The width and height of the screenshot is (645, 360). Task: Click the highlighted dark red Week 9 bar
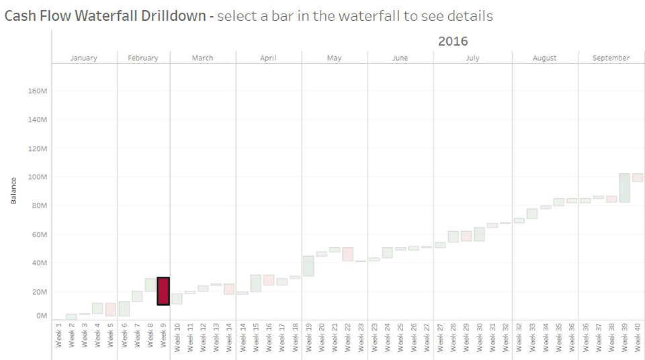click(x=163, y=291)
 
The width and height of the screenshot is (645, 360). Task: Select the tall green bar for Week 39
click(x=624, y=187)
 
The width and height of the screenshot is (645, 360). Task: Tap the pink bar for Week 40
click(x=638, y=177)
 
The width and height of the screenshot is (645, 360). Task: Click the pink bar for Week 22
click(x=347, y=254)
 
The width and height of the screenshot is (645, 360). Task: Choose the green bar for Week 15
click(x=256, y=283)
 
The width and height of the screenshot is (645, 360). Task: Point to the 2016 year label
click(x=453, y=42)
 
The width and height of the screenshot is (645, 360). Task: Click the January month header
click(x=84, y=58)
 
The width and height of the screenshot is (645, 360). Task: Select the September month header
click(x=611, y=58)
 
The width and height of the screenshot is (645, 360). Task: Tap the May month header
click(x=334, y=58)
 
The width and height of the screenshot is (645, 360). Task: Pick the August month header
click(x=544, y=58)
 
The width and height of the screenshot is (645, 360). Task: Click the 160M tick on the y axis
click(x=36, y=91)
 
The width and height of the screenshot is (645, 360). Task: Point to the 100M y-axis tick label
click(x=36, y=177)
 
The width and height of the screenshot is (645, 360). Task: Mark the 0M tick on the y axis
click(x=41, y=316)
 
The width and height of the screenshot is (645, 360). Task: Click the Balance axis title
click(x=13, y=191)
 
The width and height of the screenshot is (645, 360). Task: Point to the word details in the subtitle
click(x=470, y=16)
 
